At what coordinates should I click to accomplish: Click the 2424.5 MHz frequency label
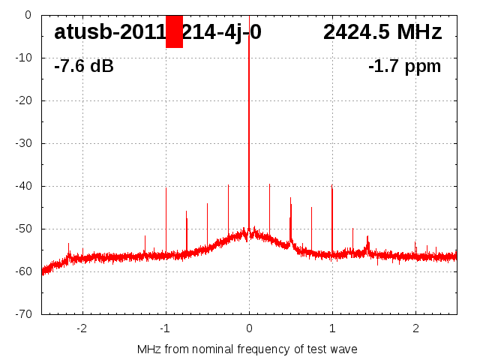coord(382,32)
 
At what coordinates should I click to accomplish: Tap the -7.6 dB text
coord(84,67)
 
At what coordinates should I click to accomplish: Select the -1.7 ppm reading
coord(404,67)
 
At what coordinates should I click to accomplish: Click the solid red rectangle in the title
coord(174,31)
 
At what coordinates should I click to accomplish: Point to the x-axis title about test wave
coord(247,349)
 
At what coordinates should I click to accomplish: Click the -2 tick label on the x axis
coord(82,328)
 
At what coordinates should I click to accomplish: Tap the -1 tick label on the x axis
coord(165,328)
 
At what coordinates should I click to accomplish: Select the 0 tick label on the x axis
coord(249,328)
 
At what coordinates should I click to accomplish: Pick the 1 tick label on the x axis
coord(332,328)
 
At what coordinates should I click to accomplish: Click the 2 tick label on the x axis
coord(415,328)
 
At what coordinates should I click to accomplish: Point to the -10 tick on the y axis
coord(24,58)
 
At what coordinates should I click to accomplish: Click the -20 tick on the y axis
coord(24,100)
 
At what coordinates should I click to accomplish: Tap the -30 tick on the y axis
coord(24,143)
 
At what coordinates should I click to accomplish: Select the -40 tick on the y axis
coord(24,186)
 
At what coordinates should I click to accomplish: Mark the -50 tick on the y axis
coord(24,229)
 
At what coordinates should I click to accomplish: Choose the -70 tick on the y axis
coord(24,314)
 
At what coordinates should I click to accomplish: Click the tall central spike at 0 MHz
coord(249,112)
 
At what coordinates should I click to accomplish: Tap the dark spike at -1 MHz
coord(166,217)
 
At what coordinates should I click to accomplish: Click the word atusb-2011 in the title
coord(109,32)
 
